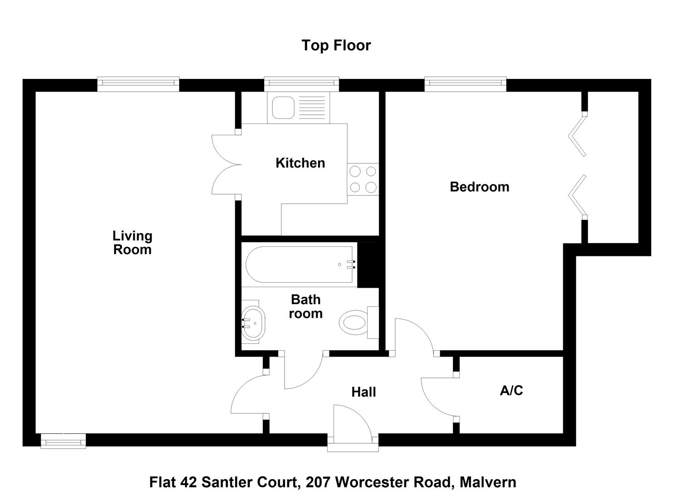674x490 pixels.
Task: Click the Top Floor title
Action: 336,45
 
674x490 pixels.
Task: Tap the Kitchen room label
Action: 300,163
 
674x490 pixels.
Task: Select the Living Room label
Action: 132,243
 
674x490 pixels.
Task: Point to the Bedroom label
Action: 479,187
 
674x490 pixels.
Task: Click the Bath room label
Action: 305,306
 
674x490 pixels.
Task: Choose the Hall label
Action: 364,392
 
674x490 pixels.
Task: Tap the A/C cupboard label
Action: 511,390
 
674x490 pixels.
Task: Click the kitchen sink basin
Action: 283,107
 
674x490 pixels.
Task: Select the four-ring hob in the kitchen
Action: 363,179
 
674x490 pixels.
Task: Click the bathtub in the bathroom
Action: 300,265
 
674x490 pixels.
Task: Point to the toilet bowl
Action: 353,323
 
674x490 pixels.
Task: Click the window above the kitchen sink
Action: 302,83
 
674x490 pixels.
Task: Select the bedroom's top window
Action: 465,83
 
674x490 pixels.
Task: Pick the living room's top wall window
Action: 138,83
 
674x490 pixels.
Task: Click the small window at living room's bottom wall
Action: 63,441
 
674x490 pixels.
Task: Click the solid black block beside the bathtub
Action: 368,265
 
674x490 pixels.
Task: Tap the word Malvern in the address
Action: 487,481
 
